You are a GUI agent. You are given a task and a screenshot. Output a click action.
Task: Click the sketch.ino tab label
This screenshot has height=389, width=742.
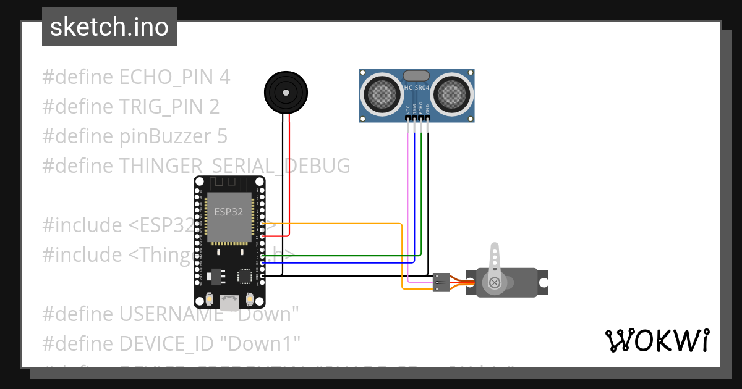pyautogui.click(x=109, y=28)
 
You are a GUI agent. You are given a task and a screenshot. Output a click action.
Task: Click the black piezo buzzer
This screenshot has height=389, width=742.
pyautogui.click(x=286, y=93)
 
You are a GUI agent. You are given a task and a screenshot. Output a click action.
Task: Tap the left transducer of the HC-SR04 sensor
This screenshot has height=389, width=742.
pyautogui.click(x=383, y=94)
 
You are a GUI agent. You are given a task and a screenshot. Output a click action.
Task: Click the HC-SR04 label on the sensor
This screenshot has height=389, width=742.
pyautogui.click(x=417, y=88)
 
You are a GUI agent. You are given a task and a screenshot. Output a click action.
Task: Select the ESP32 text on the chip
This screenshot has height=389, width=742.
pyautogui.click(x=228, y=211)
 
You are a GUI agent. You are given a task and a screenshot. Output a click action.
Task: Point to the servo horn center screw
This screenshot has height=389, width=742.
pyautogui.click(x=495, y=283)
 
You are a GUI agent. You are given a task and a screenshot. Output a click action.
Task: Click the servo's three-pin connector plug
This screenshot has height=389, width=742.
pyautogui.click(x=441, y=282)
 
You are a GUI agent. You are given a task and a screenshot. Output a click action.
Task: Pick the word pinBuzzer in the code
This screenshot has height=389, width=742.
pyautogui.click(x=163, y=136)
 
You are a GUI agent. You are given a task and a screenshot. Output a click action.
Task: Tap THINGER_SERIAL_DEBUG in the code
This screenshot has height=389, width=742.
pyautogui.click(x=234, y=166)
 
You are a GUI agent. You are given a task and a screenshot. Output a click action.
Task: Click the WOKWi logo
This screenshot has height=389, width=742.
pyautogui.click(x=657, y=341)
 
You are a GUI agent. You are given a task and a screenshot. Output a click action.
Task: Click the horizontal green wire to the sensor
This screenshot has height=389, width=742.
pyautogui.click(x=340, y=255)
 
